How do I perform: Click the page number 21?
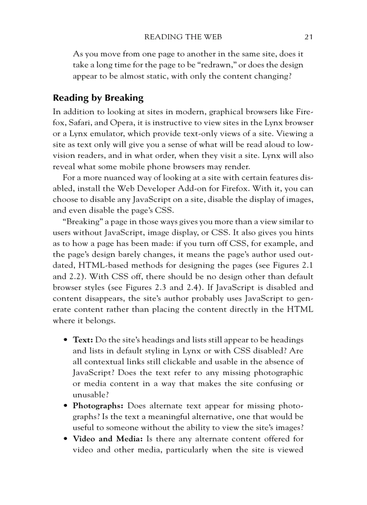point(308,36)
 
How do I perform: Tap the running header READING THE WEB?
point(183,36)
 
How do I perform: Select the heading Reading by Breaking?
point(98,98)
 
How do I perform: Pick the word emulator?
point(100,134)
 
